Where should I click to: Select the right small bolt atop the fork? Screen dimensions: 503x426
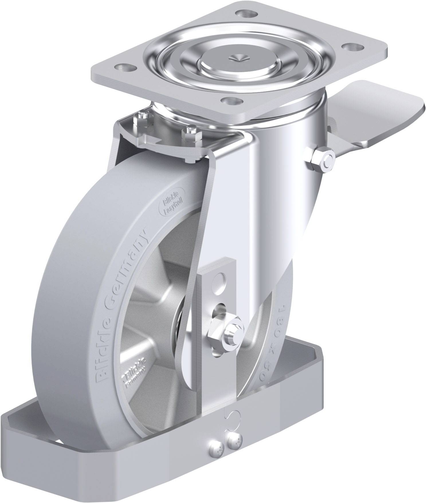click(x=190, y=133)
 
